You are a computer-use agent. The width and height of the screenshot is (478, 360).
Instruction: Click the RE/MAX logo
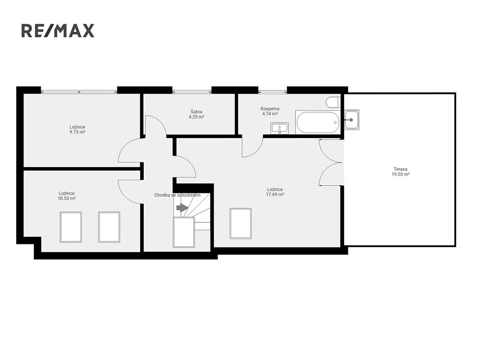[x=57, y=31]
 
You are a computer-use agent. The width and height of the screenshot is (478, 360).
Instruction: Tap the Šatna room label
[x=197, y=111]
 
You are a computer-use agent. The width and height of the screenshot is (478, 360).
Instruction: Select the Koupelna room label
[x=270, y=109]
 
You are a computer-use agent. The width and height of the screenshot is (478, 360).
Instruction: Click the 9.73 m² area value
[x=77, y=132]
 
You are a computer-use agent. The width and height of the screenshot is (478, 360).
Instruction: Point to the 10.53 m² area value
[x=67, y=198]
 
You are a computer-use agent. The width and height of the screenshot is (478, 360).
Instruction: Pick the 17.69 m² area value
[x=275, y=194]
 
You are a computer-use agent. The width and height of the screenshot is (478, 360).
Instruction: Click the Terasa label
[x=400, y=169]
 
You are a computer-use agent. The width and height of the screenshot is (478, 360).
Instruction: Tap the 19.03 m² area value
[x=400, y=174]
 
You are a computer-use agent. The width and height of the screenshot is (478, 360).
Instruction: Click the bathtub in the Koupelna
[x=317, y=122]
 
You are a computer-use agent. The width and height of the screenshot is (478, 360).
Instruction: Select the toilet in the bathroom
[x=332, y=102]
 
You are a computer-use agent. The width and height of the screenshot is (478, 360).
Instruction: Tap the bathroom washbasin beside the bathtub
[x=280, y=128]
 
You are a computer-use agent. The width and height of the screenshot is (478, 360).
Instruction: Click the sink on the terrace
[x=352, y=120]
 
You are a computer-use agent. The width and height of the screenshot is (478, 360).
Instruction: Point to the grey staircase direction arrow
[x=183, y=208]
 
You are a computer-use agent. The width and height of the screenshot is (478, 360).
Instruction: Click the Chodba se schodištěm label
[x=177, y=195]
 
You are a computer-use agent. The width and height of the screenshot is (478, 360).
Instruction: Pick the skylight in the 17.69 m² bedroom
[x=240, y=223]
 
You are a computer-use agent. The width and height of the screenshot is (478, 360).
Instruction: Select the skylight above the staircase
[x=184, y=232]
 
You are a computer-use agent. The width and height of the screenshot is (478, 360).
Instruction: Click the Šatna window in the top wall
[x=192, y=91]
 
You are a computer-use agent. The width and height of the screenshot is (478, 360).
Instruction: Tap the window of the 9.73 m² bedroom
[x=79, y=91]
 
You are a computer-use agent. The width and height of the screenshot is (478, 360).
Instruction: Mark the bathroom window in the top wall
[x=273, y=91]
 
